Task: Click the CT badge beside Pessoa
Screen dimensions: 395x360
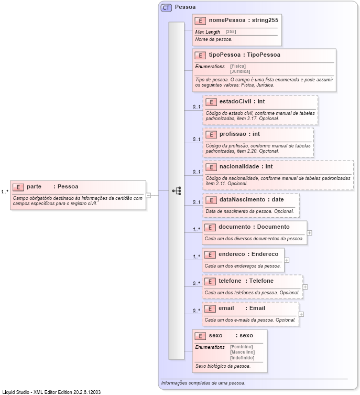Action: pos(167,7)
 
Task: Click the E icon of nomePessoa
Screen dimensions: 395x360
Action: pos(200,20)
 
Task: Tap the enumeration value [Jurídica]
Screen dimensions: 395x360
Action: pos(240,71)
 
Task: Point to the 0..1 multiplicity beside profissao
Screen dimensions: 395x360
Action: pos(197,140)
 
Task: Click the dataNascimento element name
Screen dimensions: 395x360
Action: pos(242,199)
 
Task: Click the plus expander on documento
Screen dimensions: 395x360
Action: pos(310,232)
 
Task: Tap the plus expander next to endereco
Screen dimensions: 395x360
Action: pos(287,260)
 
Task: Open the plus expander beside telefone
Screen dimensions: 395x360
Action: pos(306,287)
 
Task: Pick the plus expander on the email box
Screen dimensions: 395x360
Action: pos(301,314)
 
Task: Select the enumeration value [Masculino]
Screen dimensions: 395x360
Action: pos(242,352)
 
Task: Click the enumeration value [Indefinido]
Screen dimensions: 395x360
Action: pos(242,357)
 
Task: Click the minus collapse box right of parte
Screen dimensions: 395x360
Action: pos(148,195)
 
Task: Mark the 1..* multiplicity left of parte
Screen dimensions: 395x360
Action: pos(5,191)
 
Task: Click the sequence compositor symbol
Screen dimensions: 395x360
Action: pos(177,191)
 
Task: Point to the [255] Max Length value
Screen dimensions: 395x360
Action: pos(231,32)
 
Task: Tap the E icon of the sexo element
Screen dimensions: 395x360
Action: pos(200,336)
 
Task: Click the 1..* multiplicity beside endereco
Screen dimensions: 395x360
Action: pos(197,257)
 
